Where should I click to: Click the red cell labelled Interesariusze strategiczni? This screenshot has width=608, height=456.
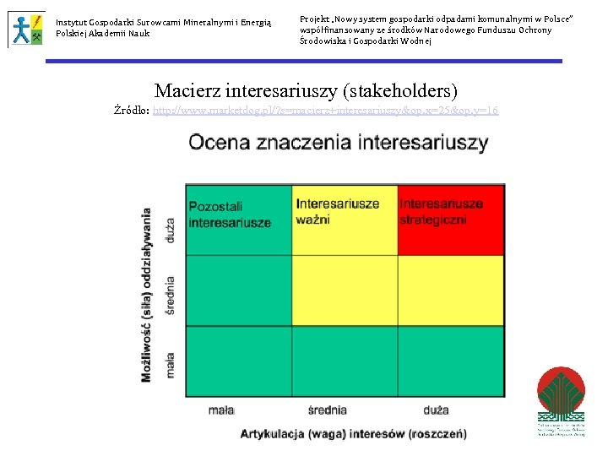(451, 220)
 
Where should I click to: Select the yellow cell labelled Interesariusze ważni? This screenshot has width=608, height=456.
(345, 220)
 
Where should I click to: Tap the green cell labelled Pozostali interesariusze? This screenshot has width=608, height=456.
(238, 220)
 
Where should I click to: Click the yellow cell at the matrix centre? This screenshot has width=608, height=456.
(345, 290)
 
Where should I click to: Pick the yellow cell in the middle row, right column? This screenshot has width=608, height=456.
(451, 290)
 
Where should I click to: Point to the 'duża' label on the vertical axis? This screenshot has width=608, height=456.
(171, 231)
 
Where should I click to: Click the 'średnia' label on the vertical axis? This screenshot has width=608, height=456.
(171, 296)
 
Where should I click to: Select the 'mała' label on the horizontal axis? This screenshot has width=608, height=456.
(221, 410)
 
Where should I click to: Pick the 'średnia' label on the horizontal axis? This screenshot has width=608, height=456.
(327, 410)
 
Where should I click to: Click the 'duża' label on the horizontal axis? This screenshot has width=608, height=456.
(437, 410)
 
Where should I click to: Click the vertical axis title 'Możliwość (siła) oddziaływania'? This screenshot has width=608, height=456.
(147, 294)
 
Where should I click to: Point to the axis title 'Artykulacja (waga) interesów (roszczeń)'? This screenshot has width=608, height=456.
(353, 434)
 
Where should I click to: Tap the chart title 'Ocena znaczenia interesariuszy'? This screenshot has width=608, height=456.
(338, 142)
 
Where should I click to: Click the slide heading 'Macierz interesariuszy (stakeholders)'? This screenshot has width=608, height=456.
(306, 90)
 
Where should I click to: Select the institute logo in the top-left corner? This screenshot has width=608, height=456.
(27, 29)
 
